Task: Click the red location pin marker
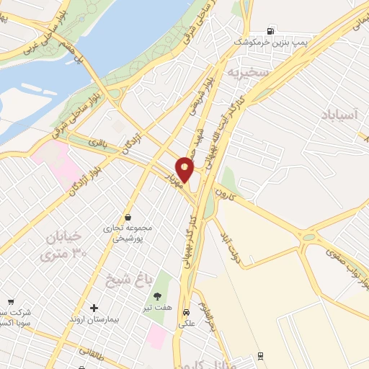pos(185,169)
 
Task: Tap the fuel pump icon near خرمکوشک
pos(270,30)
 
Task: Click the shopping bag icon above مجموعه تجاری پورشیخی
pos(128,217)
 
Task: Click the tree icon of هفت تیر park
pos(157,295)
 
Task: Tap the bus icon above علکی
pos(187,313)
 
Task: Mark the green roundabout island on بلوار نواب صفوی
pos(309,237)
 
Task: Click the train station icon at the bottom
pos(259,355)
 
